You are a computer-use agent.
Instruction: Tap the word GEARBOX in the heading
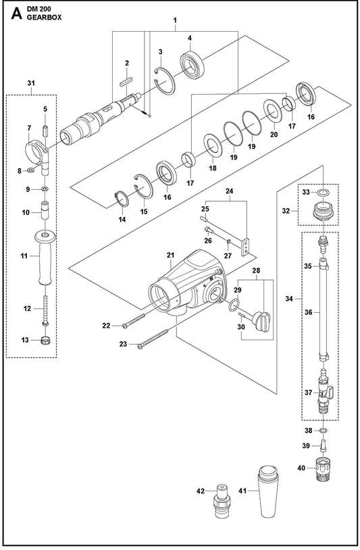[x=44, y=17]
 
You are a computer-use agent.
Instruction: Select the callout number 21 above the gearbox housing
[x=170, y=255]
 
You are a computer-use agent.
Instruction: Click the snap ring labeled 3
[x=164, y=81]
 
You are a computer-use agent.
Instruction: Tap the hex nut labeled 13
[x=45, y=341]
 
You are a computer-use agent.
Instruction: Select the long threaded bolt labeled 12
[x=45, y=309]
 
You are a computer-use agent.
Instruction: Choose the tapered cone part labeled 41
[x=269, y=491]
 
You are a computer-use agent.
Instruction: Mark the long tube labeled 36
[x=324, y=312]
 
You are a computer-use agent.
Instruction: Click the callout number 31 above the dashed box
[x=31, y=83]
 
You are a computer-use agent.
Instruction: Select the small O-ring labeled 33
[x=324, y=192]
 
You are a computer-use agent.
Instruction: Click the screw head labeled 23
[x=140, y=347]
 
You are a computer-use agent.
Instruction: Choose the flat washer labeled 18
[x=213, y=145]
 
